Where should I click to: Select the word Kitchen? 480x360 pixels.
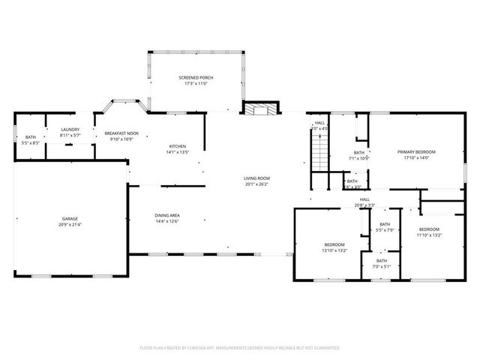[177, 146]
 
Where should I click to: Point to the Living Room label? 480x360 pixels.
[256, 178]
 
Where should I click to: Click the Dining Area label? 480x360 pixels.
[166, 216]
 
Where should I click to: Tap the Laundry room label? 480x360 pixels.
[70, 130]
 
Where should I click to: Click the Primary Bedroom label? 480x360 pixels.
[415, 151]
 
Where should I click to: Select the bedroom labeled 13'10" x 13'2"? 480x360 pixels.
[334, 244]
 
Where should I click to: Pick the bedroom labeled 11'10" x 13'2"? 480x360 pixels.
[429, 229]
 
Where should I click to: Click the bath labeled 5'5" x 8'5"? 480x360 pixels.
[31, 137]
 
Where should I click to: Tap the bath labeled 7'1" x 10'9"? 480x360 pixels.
[359, 153]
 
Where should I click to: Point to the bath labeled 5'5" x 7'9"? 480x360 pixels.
[384, 225]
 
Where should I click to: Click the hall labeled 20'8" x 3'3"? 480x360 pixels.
[364, 199]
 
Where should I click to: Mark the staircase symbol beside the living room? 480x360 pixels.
[319, 155]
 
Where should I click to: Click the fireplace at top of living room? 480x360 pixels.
[259, 108]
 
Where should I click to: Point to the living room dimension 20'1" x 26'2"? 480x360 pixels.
[256, 184]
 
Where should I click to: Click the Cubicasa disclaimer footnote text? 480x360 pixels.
[240, 348]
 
